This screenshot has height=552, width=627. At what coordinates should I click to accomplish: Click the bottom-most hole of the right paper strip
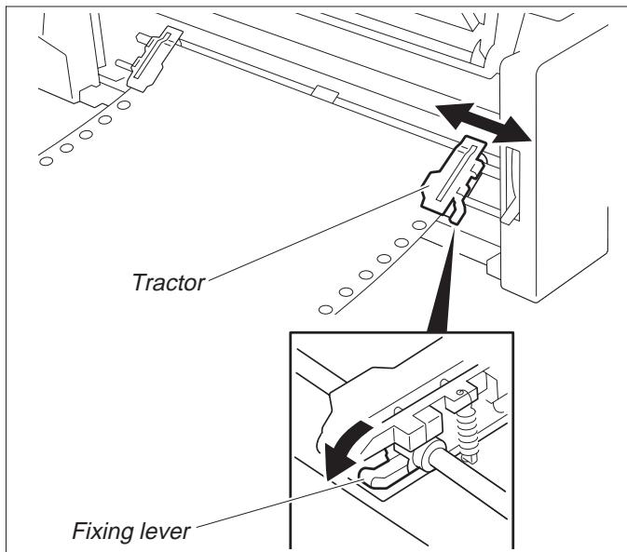(324, 308)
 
